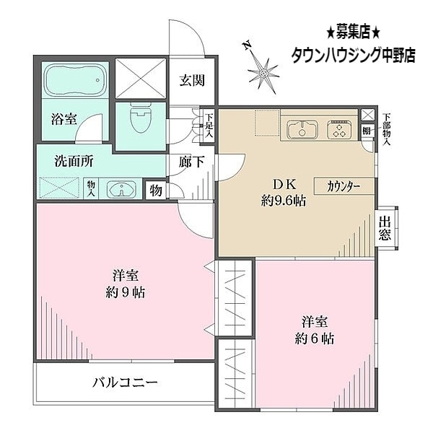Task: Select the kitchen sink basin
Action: (x=301, y=131)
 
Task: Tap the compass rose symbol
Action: (x=264, y=71)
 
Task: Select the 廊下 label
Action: (x=191, y=162)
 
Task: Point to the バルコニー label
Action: (x=124, y=383)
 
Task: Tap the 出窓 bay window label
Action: (x=385, y=228)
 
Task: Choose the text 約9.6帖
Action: (x=283, y=201)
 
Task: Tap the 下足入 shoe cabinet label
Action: (x=209, y=126)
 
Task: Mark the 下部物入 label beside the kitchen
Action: (x=387, y=130)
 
